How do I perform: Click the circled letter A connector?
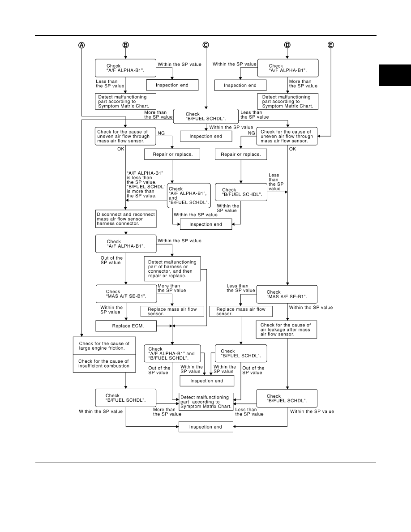point(82,45)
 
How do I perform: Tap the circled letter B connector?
point(125,45)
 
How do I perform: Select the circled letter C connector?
point(206,45)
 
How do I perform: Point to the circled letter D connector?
point(287,45)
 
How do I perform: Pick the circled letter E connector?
point(330,45)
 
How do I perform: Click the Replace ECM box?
point(126,326)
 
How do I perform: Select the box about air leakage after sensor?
point(287,330)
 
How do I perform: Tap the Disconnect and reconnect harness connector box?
point(126,219)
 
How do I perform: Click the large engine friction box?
point(104,346)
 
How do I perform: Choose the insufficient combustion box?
point(104,364)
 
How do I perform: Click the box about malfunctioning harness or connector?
point(172,269)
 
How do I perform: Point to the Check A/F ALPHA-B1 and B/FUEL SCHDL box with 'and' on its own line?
point(189,196)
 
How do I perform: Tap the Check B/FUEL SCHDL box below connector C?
point(206,116)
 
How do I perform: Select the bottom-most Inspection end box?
point(206,427)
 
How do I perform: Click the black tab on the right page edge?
point(395,75)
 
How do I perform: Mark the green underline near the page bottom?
point(272,487)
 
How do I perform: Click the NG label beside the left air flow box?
point(161,133)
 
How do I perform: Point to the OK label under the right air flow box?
point(292,149)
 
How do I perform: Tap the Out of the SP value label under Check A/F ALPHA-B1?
point(111,260)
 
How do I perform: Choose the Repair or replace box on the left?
point(172,154)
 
